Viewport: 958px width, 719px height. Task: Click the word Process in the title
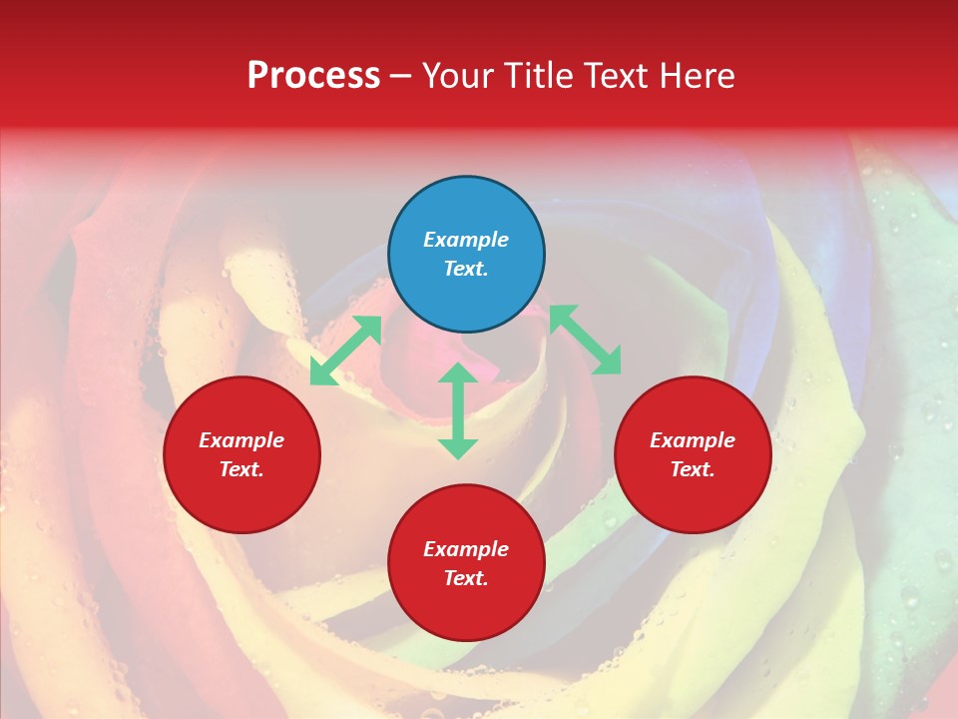click(x=313, y=76)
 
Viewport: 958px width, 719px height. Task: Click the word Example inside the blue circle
click(x=466, y=240)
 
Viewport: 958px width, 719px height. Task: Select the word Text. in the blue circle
click(x=466, y=269)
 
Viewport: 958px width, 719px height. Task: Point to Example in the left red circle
click(x=241, y=440)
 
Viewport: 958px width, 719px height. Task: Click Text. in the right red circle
click(x=693, y=469)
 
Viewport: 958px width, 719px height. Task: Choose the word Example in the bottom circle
click(x=466, y=549)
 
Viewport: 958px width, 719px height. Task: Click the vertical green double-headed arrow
click(x=458, y=411)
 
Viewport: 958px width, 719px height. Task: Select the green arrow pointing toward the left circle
click(x=345, y=351)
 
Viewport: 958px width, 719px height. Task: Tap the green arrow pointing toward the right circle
click(x=585, y=341)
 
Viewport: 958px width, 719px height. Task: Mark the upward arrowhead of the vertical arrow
click(x=458, y=372)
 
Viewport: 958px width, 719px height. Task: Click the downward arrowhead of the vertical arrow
click(x=458, y=448)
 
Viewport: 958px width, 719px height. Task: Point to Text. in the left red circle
click(x=241, y=469)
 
